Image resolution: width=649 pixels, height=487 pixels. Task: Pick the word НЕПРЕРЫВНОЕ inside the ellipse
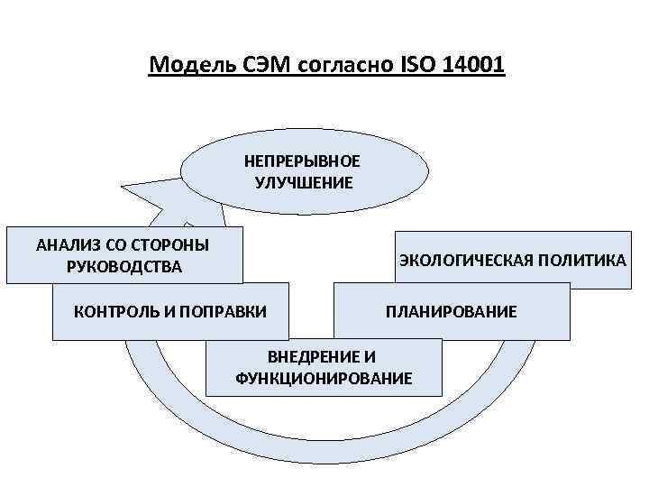[302, 161]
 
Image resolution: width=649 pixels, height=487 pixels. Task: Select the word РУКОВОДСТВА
[123, 266]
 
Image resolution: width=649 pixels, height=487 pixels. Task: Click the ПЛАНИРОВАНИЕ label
[451, 312]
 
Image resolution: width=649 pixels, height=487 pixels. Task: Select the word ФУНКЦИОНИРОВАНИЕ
[324, 377]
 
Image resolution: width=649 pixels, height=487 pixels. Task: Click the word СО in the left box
[114, 244]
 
